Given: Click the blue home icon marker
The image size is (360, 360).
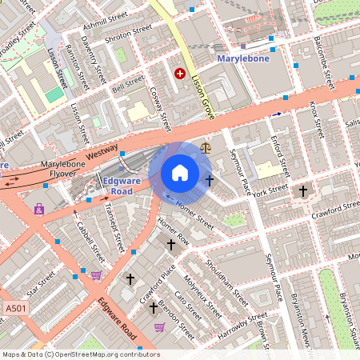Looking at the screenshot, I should tap(180, 173).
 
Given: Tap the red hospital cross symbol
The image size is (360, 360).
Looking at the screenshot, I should tap(180, 74).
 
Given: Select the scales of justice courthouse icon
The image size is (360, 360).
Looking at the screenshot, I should tap(206, 147).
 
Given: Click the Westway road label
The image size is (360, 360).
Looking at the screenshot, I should tap(102, 152).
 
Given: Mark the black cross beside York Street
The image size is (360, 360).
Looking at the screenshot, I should tap(302, 190).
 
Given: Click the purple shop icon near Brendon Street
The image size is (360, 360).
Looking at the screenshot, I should tap(159, 326).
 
